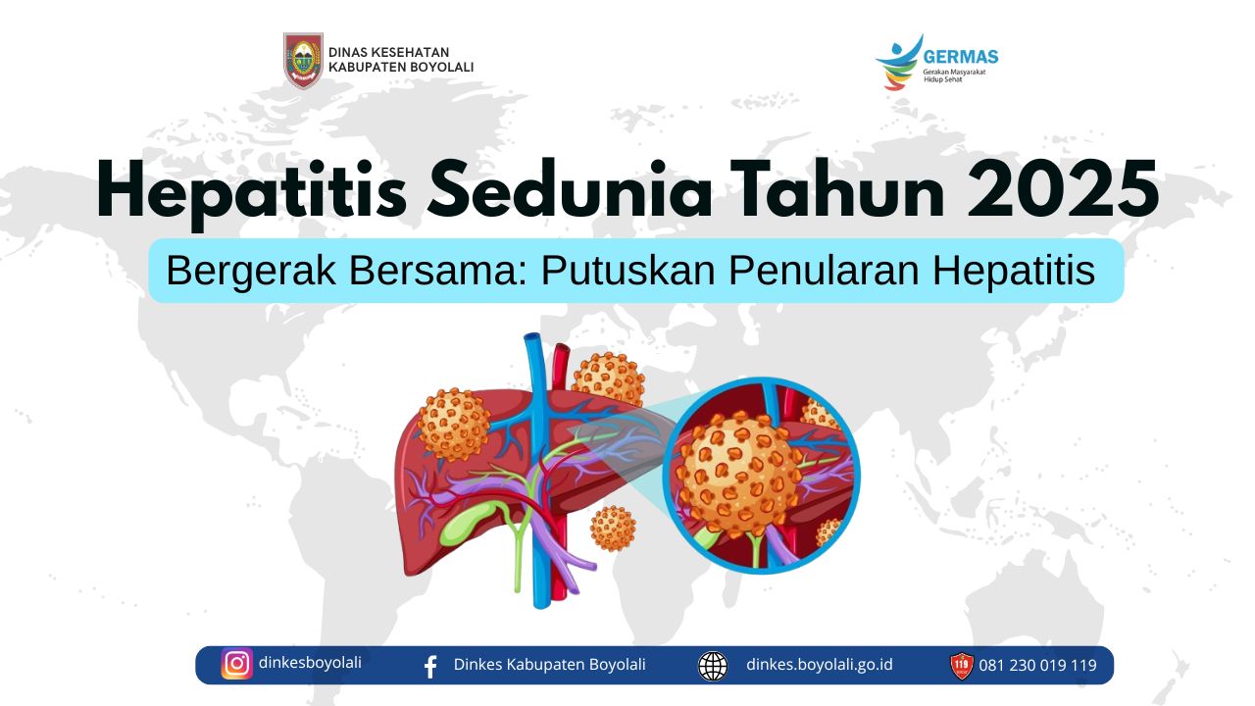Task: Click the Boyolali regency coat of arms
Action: pyautogui.click(x=303, y=61)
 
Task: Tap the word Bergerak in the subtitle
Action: pyautogui.click(x=251, y=272)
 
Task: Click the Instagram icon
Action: pyautogui.click(x=237, y=664)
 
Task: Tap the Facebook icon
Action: pyautogui.click(x=430, y=667)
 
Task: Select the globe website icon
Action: pyautogui.click(x=713, y=666)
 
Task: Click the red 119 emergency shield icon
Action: pyautogui.click(x=962, y=666)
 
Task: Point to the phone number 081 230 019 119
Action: pyautogui.click(x=1037, y=666)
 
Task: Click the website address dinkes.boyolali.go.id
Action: pyautogui.click(x=819, y=665)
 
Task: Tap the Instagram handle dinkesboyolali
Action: pyautogui.click(x=310, y=663)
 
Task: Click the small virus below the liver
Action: pyautogui.click(x=613, y=529)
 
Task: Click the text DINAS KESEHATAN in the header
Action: pyautogui.click(x=389, y=52)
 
